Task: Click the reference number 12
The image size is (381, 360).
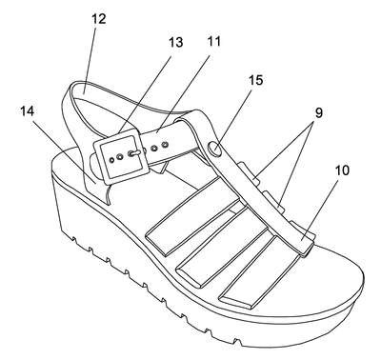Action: coord(99,19)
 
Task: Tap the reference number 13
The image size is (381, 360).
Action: coord(176,42)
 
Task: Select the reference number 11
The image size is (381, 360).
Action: coord(214,41)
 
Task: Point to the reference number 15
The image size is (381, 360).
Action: coord(256,80)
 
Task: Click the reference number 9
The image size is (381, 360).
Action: coord(318,113)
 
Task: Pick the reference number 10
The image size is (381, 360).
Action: coord(342,170)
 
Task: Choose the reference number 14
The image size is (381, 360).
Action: coord(28,110)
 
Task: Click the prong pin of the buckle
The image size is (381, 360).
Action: coord(135,153)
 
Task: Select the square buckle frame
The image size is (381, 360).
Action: coord(121,156)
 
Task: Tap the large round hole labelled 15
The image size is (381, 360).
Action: coord(214,149)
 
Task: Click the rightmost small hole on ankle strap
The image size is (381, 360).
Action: coord(165,145)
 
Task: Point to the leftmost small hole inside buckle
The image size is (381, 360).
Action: coord(111,159)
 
